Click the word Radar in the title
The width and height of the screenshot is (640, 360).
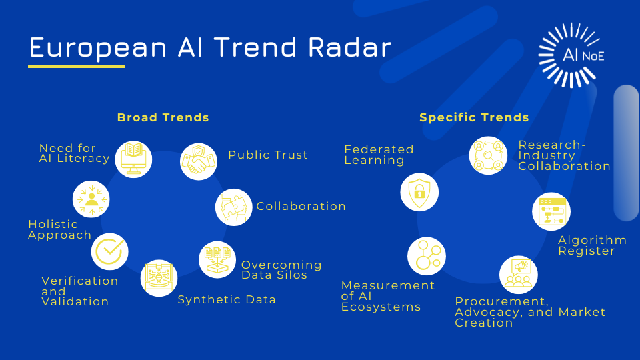350,47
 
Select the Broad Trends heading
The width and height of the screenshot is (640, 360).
163,117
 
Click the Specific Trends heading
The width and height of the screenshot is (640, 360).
474,117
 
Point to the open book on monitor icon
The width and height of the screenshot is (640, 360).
133,159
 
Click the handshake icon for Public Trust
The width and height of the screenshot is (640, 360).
199,161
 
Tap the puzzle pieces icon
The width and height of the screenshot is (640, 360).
233,207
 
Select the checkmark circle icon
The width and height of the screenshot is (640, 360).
110,251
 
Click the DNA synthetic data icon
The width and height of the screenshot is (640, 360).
159,278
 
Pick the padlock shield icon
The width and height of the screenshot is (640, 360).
419,192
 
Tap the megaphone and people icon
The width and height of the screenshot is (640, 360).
519,275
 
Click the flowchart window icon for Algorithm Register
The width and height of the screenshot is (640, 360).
551,211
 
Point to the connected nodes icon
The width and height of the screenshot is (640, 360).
427,256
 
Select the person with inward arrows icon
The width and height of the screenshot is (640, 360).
91,199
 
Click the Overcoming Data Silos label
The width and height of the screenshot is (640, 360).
281,270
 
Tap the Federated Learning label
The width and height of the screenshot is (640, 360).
379,155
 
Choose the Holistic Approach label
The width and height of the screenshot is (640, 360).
59,229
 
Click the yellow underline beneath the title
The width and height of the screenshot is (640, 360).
76,67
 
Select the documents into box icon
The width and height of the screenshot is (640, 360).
217,259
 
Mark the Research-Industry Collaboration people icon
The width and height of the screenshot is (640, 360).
488,155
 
